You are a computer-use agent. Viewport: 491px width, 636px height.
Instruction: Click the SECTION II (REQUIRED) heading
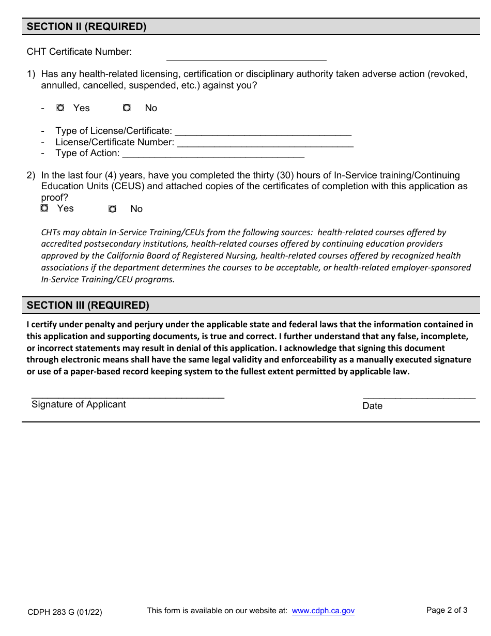point(86,27)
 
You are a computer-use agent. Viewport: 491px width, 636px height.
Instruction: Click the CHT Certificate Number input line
point(246,56)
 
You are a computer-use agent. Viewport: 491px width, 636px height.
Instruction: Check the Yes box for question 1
point(60,108)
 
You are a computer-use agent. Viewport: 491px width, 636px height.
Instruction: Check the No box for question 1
point(127,108)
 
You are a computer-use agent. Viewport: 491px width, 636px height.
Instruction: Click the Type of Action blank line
point(213,154)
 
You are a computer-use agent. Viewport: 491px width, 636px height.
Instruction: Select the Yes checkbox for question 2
point(44,208)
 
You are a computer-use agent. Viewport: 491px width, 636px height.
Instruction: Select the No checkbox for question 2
point(112,209)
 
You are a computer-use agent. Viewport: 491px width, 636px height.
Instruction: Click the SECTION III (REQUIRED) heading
point(88,306)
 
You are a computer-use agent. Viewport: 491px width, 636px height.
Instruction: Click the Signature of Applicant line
point(128,394)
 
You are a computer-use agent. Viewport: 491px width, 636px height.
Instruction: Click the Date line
point(419,395)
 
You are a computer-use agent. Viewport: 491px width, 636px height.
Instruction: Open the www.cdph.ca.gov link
point(323,611)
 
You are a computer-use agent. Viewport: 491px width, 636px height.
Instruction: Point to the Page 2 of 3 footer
point(447,610)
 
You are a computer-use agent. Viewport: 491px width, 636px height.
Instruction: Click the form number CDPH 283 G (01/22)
point(65,612)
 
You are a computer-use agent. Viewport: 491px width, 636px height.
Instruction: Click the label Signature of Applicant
point(79,404)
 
